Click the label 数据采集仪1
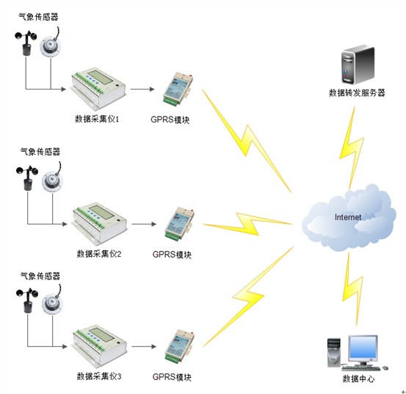tap(97, 119)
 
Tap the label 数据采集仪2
tap(99, 254)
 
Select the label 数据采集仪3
tap(99, 376)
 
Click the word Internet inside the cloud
tap(348, 217)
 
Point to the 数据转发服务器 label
tap(357, 92)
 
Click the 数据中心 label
tap(358, 379)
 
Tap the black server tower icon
tap(358, 65)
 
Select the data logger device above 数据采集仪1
tap(98, 88)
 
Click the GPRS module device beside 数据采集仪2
tap(179, 224)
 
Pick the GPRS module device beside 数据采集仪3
tap(179, 346)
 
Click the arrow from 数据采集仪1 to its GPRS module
tap(142, 89)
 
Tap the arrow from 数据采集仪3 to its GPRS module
tap(144, 346)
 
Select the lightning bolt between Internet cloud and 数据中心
tap(352, 288)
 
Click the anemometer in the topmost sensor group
tap(26, 43)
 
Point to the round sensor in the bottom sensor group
tap(53, 302)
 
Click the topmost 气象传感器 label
tap(38, 17)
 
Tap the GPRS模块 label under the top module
tap(170, 120)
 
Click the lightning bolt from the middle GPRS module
tap(247, 224)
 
